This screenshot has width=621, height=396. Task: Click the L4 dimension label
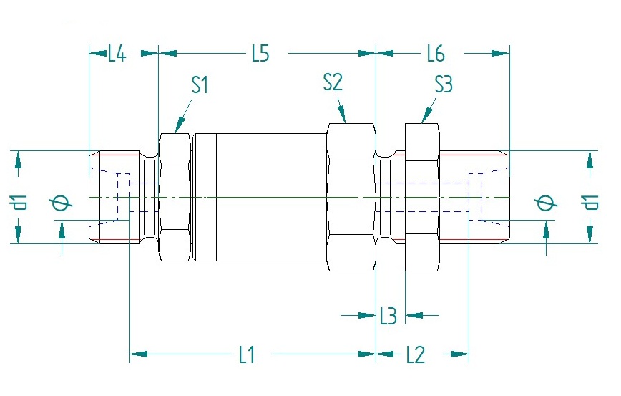tap(117, 54)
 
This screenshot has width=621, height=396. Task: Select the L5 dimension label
tap(260, 54)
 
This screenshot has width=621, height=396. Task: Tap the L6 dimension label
tap(435, 54)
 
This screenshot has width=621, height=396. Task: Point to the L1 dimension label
tap(246, 354)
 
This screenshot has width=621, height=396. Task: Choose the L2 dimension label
tap(415, 354)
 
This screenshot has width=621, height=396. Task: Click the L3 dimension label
tap(388, 315)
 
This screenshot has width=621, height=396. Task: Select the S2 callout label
tap(333, 82)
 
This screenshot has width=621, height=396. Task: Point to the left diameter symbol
tap(62, 203)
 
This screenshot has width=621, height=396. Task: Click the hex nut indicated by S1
tap(175, 196)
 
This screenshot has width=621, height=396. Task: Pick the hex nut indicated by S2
tap(351, 196)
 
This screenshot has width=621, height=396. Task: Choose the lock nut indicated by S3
tap(422, 196)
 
